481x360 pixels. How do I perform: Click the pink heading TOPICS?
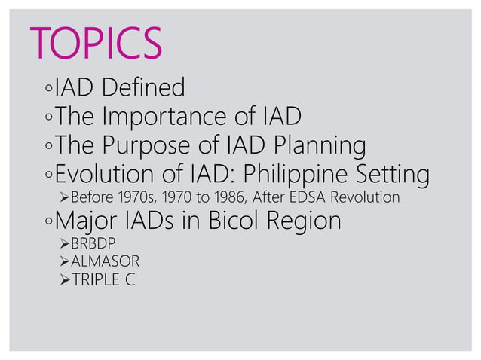pos(95,43)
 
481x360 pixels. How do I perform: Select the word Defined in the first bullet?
pos(145,88)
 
